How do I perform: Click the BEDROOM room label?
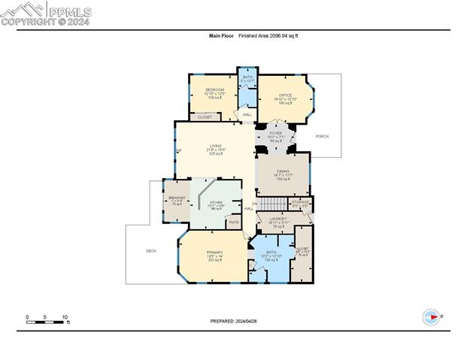click(x=215, y=89)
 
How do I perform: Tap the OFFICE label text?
click(x=285, y=95)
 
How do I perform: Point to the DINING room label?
click(x=282, y=171)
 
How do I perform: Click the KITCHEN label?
click(x=216, y=203)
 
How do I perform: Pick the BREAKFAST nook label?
click(x=177, y=198)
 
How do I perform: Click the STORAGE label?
click(x=300, y=202)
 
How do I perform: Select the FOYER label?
click(x=275, y=133)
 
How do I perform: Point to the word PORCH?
click(x=322, y=136)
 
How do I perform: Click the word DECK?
click(x=150, y=251)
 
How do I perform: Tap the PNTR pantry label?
click(x=234, y=222)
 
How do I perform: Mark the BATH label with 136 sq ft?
click(x=271, y=253)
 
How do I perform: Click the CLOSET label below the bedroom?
click(x=205, y=117)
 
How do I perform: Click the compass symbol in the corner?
click(x=432, y=317)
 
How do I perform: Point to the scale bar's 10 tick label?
click(x=65, y=316)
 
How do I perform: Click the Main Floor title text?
click(x=220, y=35)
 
